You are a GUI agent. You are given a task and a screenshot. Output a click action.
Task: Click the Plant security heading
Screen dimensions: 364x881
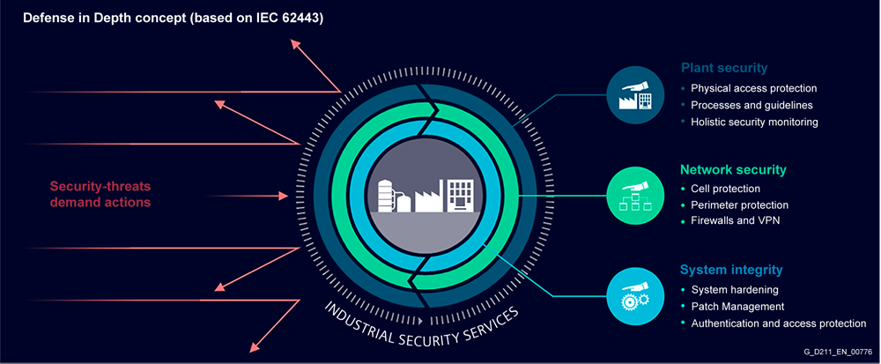(723, 68)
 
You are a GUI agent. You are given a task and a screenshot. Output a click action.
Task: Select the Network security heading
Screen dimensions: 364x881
(733, 169)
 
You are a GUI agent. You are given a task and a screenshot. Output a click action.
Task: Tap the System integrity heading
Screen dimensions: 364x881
(731, 269)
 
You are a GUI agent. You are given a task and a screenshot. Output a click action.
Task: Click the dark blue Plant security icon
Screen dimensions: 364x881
(634, 93)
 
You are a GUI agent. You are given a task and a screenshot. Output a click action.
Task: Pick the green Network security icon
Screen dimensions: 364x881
(634, 196)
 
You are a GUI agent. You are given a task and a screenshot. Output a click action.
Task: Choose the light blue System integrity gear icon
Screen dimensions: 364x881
(634, 295)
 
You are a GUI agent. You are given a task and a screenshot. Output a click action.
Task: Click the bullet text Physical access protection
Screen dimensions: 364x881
(754, 88)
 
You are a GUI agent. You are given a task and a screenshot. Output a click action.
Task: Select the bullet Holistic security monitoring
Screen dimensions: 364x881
(755, 122)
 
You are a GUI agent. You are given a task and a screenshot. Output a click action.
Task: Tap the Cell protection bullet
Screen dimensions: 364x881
(725, 189)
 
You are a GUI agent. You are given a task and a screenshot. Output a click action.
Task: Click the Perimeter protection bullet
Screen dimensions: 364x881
(739, 205)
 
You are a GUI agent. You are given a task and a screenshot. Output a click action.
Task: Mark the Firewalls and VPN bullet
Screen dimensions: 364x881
(735, 221)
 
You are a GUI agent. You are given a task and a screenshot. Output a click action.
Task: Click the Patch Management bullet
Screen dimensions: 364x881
(737, 306)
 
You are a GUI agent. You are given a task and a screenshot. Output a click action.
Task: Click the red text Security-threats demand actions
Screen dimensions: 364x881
(100, 194)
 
